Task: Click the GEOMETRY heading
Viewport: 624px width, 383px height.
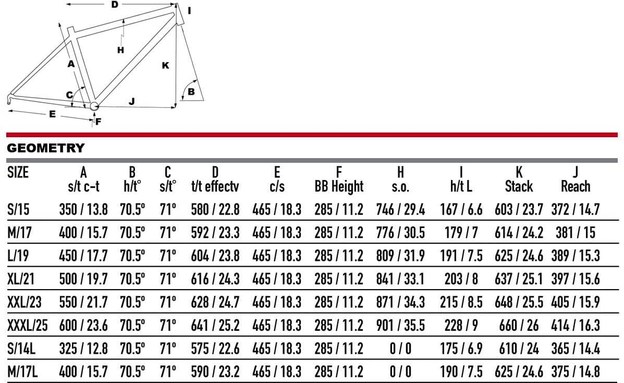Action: [46, 148]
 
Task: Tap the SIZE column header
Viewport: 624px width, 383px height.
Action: [18, 172]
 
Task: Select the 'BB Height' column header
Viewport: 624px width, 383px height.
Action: [339, 186]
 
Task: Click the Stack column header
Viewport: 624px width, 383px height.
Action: [519, 186]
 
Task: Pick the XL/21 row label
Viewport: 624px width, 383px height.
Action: [21, 279]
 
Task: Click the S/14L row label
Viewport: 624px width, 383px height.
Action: [21, 349]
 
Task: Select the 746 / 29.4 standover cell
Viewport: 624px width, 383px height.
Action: [400, 209]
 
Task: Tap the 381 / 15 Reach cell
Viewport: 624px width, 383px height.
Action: [576, 232]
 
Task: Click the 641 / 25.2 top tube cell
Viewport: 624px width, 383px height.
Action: [215, 325]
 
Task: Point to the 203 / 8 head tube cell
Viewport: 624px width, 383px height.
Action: [461, 279]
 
